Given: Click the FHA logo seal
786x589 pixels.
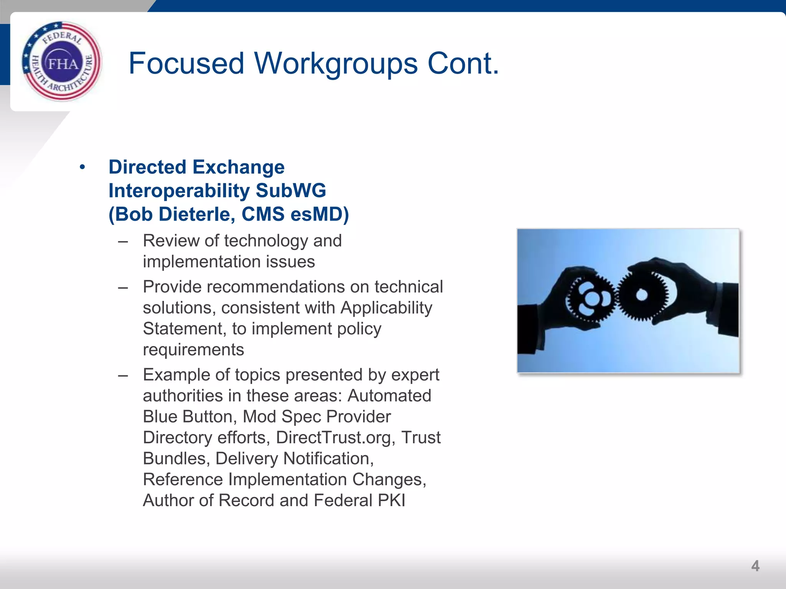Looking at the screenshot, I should point(62,62).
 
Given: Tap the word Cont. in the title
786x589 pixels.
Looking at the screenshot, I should point(463,63).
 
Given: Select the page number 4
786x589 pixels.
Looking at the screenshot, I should point(755,566).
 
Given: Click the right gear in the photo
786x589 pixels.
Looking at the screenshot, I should point(642,295).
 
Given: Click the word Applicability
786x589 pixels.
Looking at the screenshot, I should point(386,308).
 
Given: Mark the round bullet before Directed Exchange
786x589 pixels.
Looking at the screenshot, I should point(82,167).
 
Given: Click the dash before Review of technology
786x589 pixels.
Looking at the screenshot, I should point(123,242).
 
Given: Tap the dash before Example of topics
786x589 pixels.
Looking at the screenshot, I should point(123,375).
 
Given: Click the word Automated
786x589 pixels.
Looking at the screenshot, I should point(389,396).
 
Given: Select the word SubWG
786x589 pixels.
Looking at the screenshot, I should point(291,191).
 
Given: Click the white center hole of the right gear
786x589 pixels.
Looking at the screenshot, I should point(642,295).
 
